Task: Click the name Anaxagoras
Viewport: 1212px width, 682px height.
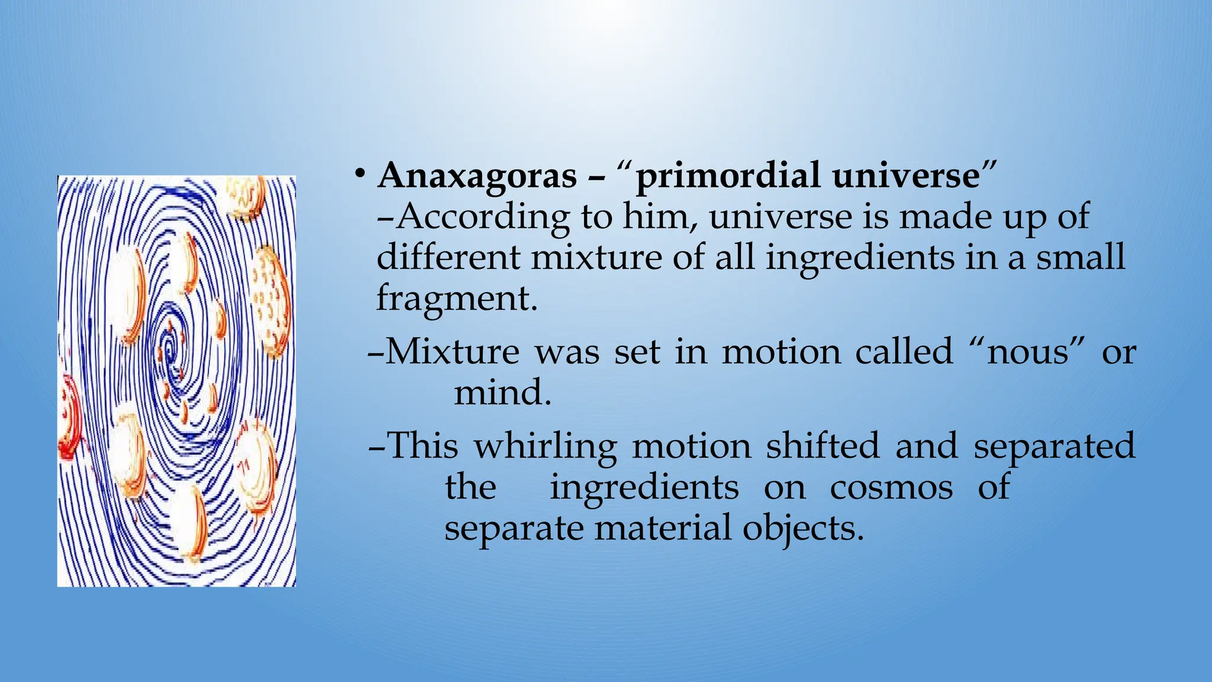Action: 477,176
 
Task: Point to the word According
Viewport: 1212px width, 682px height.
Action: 483,218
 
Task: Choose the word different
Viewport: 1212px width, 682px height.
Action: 449,258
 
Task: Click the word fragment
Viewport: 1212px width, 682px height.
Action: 456,298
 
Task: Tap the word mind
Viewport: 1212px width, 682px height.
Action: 502,392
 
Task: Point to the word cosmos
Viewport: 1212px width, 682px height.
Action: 891,488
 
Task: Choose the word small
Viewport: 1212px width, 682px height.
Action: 1080,258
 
